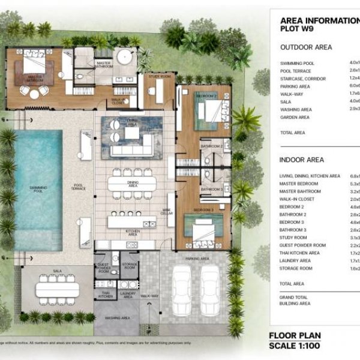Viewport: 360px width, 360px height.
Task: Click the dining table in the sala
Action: point(58,289)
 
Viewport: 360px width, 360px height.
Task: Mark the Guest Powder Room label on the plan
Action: point(103,268)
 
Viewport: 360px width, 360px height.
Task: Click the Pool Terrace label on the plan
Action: point(78,187)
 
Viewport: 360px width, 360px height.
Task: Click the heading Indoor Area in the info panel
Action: point(302,160)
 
